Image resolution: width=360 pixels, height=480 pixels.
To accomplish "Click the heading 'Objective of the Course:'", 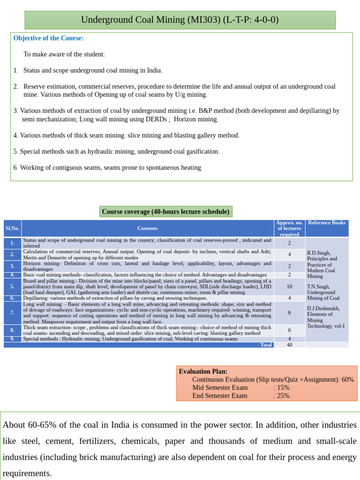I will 48,38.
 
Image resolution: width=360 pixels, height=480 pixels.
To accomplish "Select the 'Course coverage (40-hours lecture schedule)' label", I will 165,212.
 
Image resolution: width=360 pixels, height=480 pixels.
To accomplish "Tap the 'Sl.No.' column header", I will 12,228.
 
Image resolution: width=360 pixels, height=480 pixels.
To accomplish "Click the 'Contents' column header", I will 147,228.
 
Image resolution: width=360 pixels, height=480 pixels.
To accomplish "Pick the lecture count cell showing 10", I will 289,286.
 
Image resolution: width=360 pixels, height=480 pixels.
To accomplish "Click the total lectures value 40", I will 289,345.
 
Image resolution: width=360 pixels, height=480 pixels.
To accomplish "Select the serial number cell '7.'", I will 12,312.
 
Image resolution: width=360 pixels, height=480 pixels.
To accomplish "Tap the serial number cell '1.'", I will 12,243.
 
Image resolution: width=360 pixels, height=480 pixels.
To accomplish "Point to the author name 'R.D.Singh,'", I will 319,253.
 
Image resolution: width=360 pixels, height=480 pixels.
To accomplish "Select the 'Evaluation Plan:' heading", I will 203,371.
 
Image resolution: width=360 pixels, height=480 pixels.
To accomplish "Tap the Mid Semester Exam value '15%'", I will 283,388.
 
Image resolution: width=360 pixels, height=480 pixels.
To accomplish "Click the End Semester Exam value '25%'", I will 283,396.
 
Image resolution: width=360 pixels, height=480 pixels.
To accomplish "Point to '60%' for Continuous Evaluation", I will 348,380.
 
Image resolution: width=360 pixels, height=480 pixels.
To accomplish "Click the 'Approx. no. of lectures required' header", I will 289,228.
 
